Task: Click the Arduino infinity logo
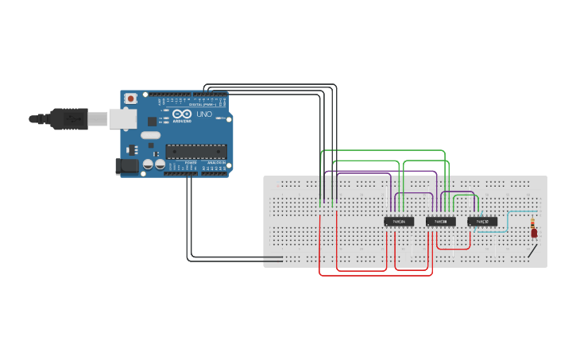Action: (x=182, y=114)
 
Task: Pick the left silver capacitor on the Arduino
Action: (x=147, y=165)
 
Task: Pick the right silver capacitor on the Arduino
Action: (x=160, y=165)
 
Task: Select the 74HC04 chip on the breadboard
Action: (x=399, y=221)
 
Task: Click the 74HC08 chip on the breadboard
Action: (x=441, y=221)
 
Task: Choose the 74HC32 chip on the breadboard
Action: (x=482, y=221)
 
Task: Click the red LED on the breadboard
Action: (x=534, y=233)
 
